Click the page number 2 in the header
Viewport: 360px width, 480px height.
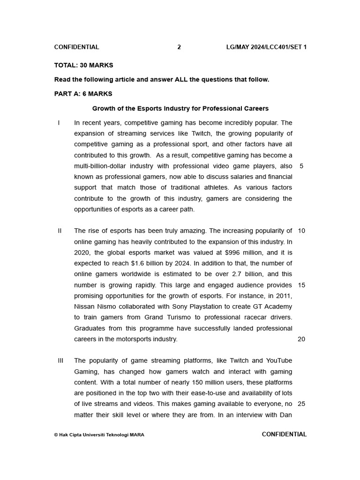179,47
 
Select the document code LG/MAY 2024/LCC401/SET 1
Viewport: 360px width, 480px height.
266,47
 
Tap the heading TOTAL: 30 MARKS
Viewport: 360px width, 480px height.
83,65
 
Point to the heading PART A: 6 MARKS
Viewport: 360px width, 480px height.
83,94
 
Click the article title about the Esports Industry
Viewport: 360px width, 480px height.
180,108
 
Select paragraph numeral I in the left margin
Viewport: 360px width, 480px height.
59,123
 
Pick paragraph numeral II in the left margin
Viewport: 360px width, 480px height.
60,231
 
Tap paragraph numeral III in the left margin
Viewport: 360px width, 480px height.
60,360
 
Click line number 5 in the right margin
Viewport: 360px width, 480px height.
301,166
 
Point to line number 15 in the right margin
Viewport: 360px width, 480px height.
301,285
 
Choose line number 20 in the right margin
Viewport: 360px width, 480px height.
301,339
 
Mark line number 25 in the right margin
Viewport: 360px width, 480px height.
301,404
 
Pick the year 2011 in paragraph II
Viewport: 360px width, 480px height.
284,296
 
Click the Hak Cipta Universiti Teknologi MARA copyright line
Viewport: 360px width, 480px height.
99,435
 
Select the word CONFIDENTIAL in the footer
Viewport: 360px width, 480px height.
284,435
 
